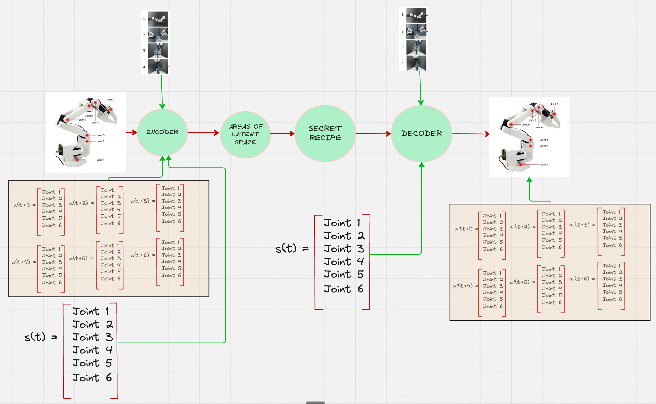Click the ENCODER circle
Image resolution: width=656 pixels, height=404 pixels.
click(x=162, y=132)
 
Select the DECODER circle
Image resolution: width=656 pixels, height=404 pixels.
click(x=421, y=133)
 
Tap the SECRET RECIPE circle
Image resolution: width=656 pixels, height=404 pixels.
click(x=325, y=133)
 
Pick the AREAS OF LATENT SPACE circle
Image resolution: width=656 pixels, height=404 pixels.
click(x=245, y=134)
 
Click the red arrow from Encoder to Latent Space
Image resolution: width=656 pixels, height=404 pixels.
click(x=203, y=133)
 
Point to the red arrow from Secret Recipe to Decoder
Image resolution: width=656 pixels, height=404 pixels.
click(x=373, y=134)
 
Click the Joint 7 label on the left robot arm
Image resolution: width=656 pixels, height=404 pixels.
click(x=111, y=100)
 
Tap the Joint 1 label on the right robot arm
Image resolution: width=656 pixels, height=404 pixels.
click(x=543, y=164)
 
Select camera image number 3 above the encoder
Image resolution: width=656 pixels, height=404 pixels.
click(x=158, y=50)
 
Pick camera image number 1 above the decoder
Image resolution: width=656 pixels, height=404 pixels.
click(x=416, y=15)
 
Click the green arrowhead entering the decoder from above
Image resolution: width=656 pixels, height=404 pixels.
click(x=421, y=103)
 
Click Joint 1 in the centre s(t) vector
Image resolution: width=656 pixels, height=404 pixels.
click(x=342, y=223)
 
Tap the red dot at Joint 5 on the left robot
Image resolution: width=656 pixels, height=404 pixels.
click(x=68, y=120)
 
